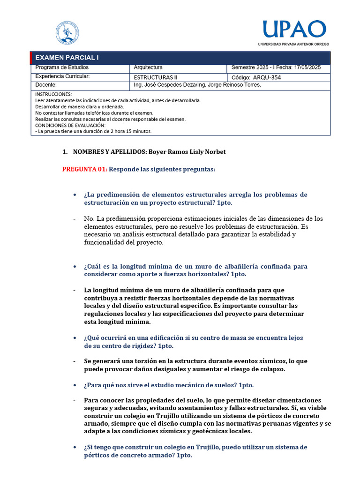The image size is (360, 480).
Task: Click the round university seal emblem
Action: pyautogui.click(x=67, y=32)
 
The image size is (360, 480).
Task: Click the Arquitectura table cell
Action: pyautogui.click(x=148, y=68)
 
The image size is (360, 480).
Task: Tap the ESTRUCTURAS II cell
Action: pyautogui.click(x=156, y=77)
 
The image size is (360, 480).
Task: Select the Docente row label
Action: pyautogui.click(x=46, y=85)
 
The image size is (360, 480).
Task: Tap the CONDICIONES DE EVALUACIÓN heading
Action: pyautogui.click(x=70, y=125)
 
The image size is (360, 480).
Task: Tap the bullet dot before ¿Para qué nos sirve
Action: pyautogui.click(x=75, y=385)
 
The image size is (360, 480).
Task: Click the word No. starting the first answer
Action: pyautogui.click(x=89, y=218)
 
